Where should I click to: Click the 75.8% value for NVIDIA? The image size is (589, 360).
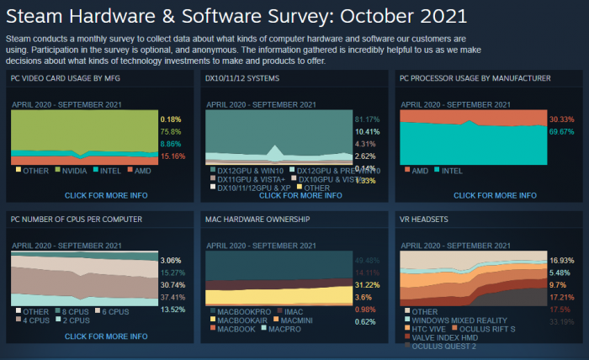click(x=171, y=132)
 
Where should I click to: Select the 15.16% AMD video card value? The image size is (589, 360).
click(x=172, y=156)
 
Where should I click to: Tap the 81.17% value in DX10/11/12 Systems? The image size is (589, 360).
click(x=368, y=119)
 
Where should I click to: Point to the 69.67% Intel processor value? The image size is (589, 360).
click(x=560, y=132)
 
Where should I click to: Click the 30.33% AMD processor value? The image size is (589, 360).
click(x=560, y=119)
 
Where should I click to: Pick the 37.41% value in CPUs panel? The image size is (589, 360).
click(x=172, y=297)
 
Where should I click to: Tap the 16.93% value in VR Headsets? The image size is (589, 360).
click(x=560, y=262)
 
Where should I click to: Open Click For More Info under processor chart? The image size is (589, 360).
click(x=495, y=195)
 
